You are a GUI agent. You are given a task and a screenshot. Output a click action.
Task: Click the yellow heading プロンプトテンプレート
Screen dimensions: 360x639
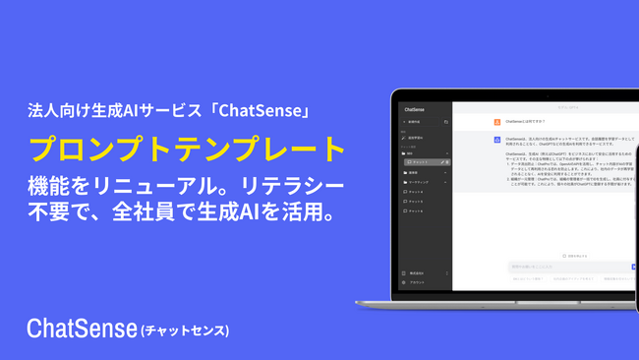(x=187, y=149)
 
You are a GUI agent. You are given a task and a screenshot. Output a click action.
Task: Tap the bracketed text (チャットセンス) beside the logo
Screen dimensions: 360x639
(x=185, y=330)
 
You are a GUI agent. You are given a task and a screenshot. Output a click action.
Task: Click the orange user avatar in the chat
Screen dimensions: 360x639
(x=497, y=123)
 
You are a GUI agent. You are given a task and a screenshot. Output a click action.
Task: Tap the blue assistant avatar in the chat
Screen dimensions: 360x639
(x=497, y=140)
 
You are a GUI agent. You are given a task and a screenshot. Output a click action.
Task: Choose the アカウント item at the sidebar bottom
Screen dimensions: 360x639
(x=417, y=281)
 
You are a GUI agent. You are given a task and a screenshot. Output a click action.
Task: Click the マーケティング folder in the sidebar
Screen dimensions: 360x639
(x=420, y=183)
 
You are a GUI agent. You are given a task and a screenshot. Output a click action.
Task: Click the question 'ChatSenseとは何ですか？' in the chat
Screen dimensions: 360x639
(x=531, y=123)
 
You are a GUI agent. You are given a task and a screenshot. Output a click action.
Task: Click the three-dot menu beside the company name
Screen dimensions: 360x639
(x=448, y=272)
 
